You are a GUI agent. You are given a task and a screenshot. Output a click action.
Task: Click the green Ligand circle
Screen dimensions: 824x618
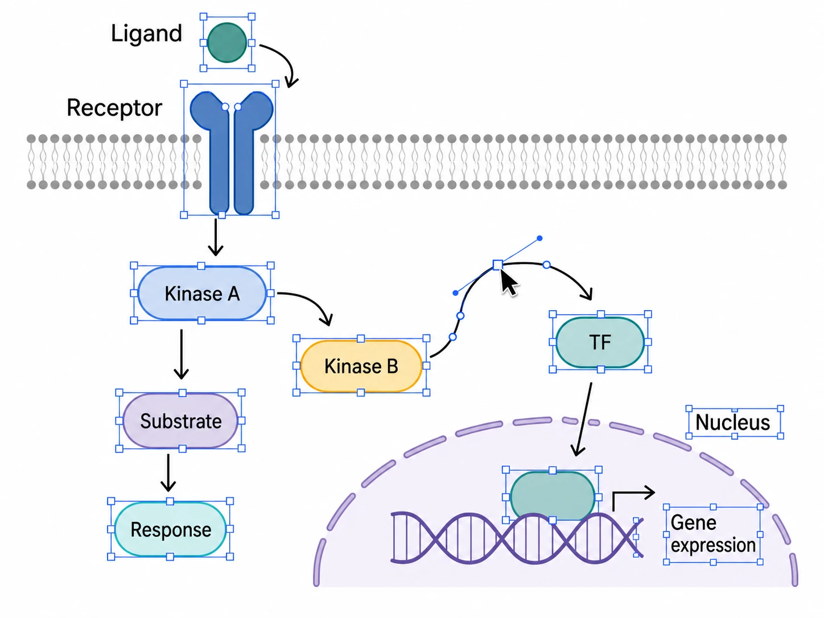[x=226, y=43]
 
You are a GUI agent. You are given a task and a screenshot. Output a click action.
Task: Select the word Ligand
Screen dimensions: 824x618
[x=146, y=34]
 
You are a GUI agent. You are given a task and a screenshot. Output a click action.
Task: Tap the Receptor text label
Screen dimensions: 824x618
[x=114, y=108]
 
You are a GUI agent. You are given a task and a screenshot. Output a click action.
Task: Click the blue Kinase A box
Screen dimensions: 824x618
[x=202, y=293]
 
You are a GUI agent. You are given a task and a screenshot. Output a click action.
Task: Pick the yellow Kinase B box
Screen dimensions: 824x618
[x=361, y=366]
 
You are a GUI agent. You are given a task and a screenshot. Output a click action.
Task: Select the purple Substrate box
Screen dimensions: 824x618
[x=180, y=421]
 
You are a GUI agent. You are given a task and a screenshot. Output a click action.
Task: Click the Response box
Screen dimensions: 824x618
[x=170, y=529]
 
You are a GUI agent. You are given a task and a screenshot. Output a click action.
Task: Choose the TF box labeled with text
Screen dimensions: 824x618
[x=600, y=342]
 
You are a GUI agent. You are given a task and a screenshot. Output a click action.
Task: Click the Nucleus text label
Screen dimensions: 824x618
[x=732, y=422]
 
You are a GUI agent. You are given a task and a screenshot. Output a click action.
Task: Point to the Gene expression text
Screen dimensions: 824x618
[x=713, y=534]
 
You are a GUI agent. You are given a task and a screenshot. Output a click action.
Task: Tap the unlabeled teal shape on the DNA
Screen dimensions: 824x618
[x=552, y=495]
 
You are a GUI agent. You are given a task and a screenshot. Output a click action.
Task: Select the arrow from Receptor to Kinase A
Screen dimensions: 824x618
[x=216, y=237]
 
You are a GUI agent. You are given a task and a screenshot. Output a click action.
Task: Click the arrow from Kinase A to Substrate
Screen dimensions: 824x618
[x=182, y=354]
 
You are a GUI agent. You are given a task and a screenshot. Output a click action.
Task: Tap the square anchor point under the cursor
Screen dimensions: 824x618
[x=497, y=265]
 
